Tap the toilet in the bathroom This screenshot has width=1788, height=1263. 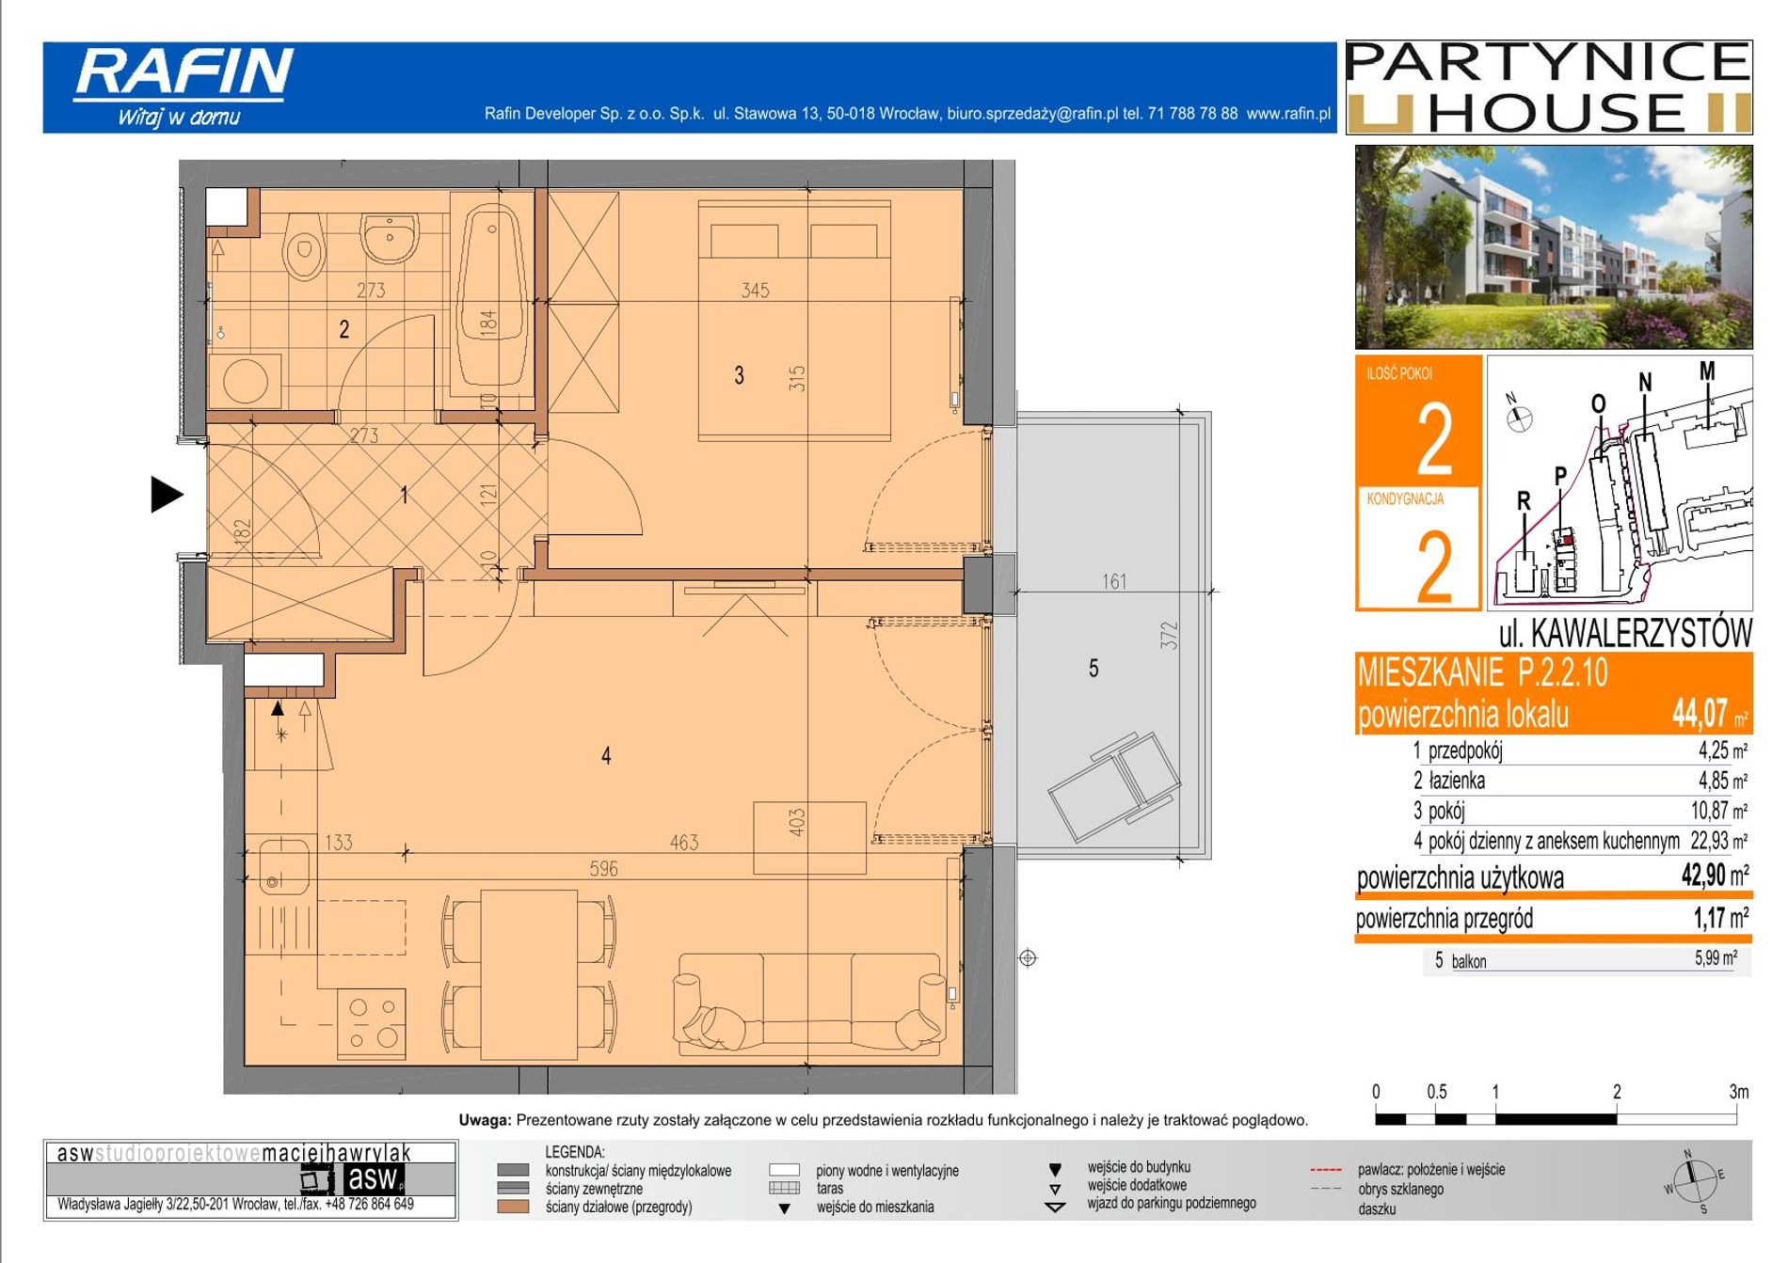point(304,246)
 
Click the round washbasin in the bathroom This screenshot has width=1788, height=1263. point(390,236)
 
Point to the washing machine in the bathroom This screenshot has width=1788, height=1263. point(246,381)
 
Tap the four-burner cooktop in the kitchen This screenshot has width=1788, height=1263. point(372,1023)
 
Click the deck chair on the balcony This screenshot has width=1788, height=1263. point(1115,785)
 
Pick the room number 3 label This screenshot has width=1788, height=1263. point(739,376)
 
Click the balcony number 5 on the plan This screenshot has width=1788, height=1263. point(1094,668)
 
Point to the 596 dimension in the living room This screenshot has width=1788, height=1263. point(603,869)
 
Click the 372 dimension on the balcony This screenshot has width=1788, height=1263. point(1169,635)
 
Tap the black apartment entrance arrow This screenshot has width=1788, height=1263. point(167,494)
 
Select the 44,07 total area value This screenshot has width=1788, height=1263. point(1700,713)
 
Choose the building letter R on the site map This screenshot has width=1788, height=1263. point(1524,501)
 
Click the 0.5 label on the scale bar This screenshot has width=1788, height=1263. point(1436,1092)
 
